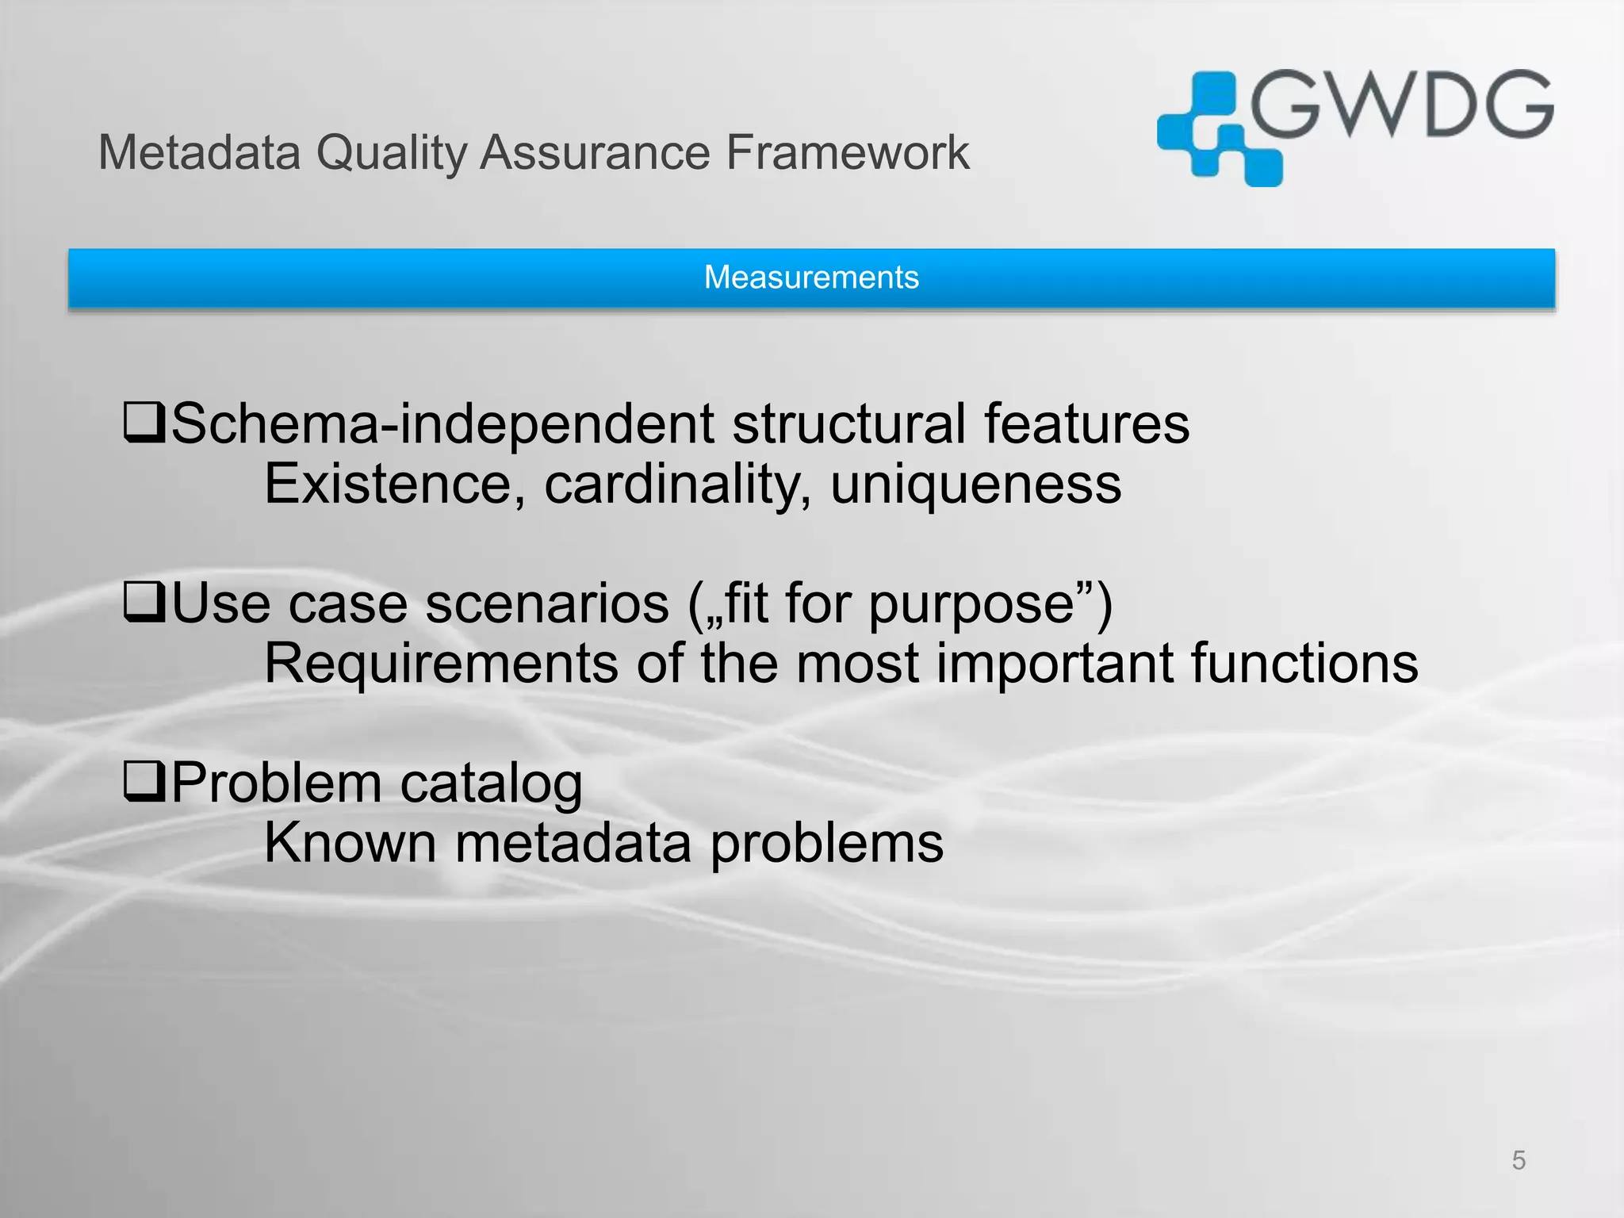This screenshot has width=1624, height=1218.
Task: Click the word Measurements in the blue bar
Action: pyautogui.click(x=811, y=278)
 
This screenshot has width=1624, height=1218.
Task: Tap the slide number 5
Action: pyautogui.click(x=1518, y=1161)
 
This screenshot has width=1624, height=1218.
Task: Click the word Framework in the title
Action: pyautogui.click(x=847, y=152)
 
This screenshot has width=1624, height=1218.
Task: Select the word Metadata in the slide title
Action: pyautogui.click(x=199, y=152)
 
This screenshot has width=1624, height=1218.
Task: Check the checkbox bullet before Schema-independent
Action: pyautogui.click(x=144, y=423)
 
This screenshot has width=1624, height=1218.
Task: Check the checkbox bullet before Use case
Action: pyautogui.click(x=144, y=603)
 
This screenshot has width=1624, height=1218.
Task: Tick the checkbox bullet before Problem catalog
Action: pyautogui.click(x=144, y=781)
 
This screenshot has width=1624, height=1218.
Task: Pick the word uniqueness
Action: pyautogui.click(x=975, y=485)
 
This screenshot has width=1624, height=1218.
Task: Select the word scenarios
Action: pyautogui.click(x=547, y=604)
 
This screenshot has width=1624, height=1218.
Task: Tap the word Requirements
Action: pyautogui.click(x=441, y=665)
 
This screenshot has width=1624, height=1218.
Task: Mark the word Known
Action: pyautogui.click(x=350, y=842)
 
